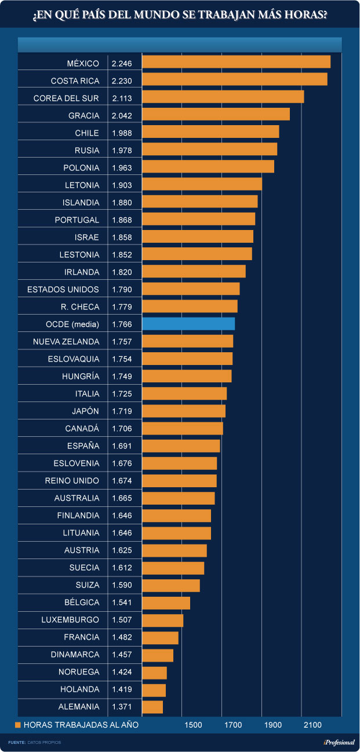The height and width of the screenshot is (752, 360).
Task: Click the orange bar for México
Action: pyautogui.click(x=236, y=62)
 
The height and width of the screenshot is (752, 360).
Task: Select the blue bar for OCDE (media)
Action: pyautogui.click(x=188, y=324)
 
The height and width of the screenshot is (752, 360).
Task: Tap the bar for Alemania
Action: pyautogui.click(x=152, y=707)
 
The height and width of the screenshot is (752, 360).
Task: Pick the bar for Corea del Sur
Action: pyautogui.click(x=223, y=97)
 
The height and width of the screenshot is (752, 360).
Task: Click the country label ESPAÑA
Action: pyautogui.click(x=83, y=446)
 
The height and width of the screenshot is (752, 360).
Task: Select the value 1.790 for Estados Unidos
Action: pyautogui.click(x=122, y=290)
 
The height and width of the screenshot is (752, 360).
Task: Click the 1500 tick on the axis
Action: pyautogui.click(x=193, y=725)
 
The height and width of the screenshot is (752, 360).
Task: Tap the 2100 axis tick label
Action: pyautogui.click(x=312, y=725)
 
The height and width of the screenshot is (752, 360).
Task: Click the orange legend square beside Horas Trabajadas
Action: pyautogui.click(x=18, y=725)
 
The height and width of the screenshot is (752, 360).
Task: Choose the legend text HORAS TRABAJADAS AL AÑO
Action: pyautogui.click(x=81, y=725)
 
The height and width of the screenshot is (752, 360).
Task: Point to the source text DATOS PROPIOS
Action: pyautogui.click(x=48, y=742)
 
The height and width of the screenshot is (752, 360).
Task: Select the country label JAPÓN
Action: pyautogui.click(x=85, y=411)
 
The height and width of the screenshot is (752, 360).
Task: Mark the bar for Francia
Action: pyautogui.click(x=160, y=637)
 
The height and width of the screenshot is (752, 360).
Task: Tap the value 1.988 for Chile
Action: pyautogui.click(x=122, y=133)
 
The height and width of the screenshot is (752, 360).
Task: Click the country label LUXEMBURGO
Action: pyautogui.click(x=70, y=620)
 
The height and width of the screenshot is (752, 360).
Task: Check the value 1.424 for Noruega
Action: pyautogui.click(x=122, y=672)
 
